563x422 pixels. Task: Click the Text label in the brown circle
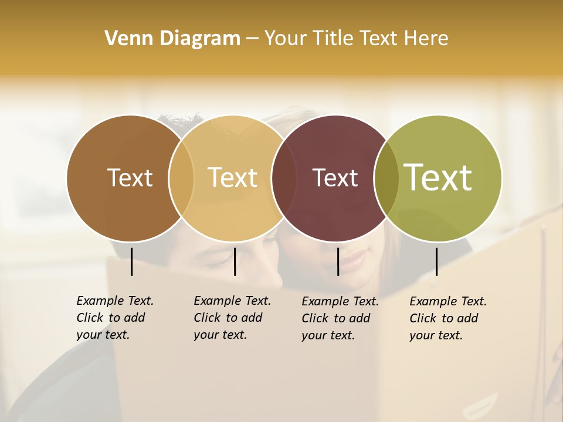point(130,178)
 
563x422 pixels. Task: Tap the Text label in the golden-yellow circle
point(233,178)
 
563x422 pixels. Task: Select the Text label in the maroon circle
point(335,178)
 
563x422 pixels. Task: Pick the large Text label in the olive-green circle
point(438,177)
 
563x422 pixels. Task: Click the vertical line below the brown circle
point(131,261)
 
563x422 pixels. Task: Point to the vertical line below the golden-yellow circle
point(235,261)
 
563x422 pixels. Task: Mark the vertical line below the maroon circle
point(338,261)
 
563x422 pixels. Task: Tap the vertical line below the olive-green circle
point(436,261)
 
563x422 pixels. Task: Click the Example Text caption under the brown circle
point(115,318)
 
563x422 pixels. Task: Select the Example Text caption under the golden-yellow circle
point(232,318)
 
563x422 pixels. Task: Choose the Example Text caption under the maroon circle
point(340,318)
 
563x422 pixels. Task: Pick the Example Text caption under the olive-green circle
point(448,318)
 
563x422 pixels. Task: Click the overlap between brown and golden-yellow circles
point(181,178)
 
